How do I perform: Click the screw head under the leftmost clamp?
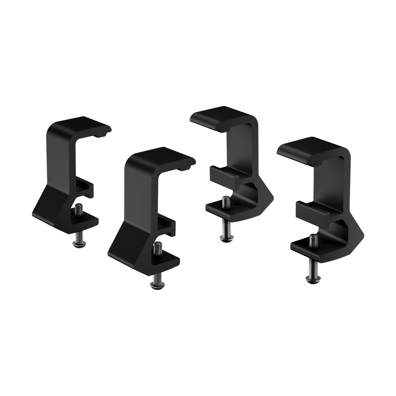coord(77,243)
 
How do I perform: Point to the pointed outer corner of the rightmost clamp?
coord(364,236)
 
